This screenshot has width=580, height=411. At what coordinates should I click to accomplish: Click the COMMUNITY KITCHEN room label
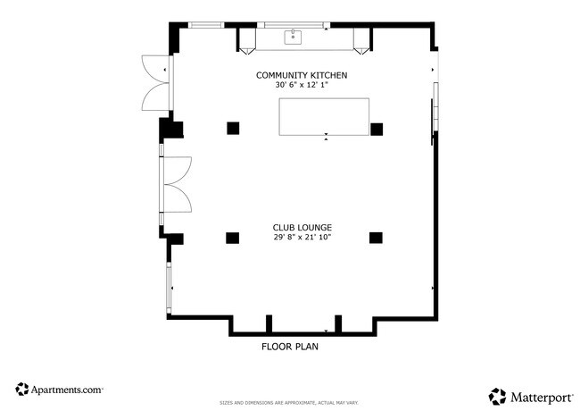(301, 75)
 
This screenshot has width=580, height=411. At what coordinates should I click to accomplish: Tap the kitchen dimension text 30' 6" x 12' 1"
(301, 85)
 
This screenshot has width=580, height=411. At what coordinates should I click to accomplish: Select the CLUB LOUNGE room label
(302, 227)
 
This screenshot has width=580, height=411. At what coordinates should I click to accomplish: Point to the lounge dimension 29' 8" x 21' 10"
(302, 238)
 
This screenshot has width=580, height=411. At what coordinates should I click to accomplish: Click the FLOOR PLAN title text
(290, 347)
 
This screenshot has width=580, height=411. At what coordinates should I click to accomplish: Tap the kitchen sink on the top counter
(293, 38)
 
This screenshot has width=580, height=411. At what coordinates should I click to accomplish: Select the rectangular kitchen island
(324, 116)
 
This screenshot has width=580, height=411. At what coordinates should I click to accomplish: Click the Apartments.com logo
(60, 390)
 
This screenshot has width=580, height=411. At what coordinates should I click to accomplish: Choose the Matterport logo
(529, 395)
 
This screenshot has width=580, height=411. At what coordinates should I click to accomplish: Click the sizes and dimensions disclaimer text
(289, 403)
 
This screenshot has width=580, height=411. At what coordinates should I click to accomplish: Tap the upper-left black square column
(233, 128)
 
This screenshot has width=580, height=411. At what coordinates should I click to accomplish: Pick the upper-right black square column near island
(377, 128)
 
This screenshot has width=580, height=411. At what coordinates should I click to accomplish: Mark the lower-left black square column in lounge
(233, 238)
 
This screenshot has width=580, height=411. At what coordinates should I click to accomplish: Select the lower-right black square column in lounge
(376, 238)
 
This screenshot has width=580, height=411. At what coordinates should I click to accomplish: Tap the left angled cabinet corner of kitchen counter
(246, 39)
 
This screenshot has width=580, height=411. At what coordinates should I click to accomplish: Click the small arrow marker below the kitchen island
(326, 138)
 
